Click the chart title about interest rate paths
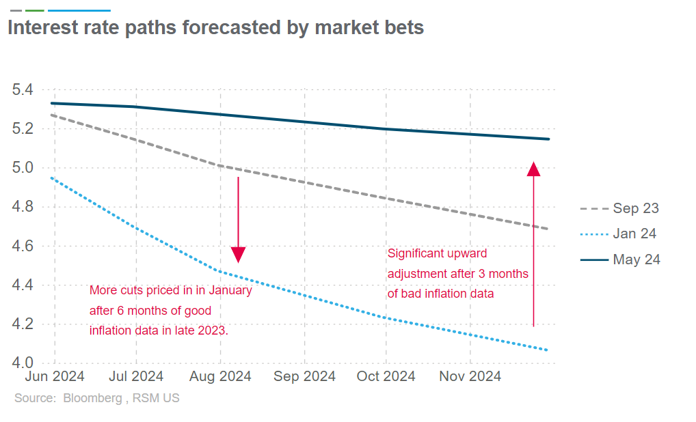click(215, 28)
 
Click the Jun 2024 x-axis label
click(55, 376)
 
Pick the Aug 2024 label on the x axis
click(221, 376)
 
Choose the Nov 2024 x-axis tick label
click(470, 376)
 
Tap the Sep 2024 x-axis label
click(305, 376)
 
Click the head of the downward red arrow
click(238, 255)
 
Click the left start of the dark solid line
click(52, 103)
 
